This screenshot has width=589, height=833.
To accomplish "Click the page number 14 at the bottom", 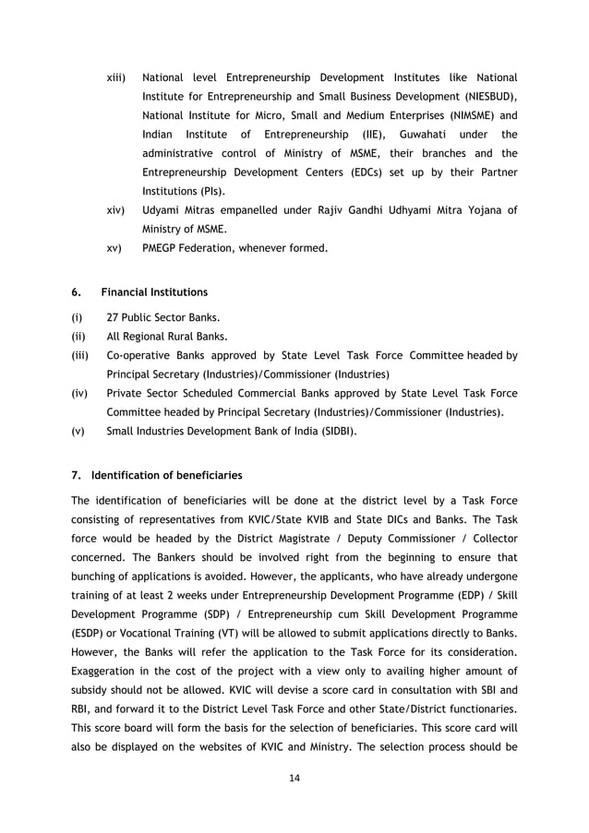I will click(x=294, y=777).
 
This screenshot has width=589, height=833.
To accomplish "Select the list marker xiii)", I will click(x=118, y=77).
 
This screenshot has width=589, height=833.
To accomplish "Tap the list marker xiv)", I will click(x=116, y=211).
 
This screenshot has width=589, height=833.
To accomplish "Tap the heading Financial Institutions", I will click(x=154, y=292).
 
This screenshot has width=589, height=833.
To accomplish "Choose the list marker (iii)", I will click(x=80, y=355).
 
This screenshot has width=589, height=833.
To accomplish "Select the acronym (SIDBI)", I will click(x=335, y=430).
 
